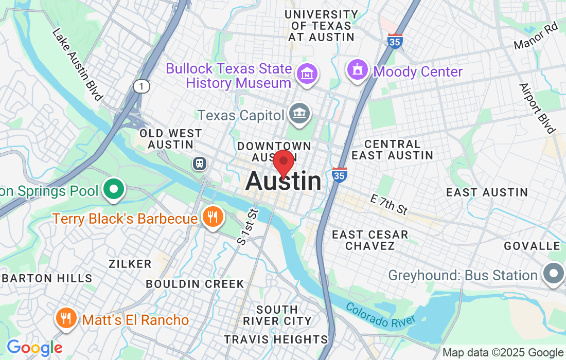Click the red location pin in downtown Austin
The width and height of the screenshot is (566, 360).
pyautogui.click(x=283, y=163)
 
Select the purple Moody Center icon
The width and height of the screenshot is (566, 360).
pyautogui.click(x=358, y=69)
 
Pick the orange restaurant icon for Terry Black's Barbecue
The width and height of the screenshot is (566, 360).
pyautogui.click(x=213, y=217)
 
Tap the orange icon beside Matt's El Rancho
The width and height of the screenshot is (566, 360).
pyautogui.click(x=66, y=319)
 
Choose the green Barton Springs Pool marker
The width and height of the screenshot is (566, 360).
pyautogui.click(x=113, y=190)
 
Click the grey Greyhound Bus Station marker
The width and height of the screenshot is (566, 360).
pyautogui.click(x=553, y=274)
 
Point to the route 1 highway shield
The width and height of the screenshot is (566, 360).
pyautogui.click(x=141, y=86)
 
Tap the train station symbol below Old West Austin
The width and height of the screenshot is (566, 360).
pyautogui.click(x=199, y=164)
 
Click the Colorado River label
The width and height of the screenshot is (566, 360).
pyautogui.click(x=380, y=315)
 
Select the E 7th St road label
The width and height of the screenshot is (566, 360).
pyautogui.click(x=389, y=204)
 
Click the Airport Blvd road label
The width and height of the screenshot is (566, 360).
pyautogui.click(x=537, y=108)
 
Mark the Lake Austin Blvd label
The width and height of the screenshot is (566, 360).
pyautogui.click(x=78, y=64)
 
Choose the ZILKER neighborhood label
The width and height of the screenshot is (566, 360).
pyautogui.click(x=130, y=264)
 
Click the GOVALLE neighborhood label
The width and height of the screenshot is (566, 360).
pyautogui.click(x=532, y=246)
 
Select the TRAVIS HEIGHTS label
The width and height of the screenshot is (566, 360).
pyautogui.click(x=276, y=339)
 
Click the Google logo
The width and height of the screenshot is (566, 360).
pyautogui.click(x=34, y=348)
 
